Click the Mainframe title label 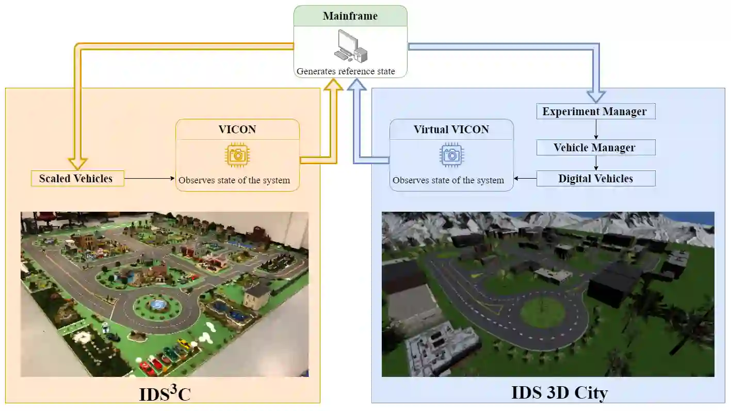(350, 15)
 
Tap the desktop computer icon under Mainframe (350, 46)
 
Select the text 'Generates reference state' (346, 71)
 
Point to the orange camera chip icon (238, 155)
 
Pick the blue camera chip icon (451, 155)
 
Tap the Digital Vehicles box (596, 179)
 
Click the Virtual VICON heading (451, 130)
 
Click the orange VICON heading (237, 129)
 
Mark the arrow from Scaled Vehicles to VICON (150, 179)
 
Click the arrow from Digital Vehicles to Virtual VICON (525, 179)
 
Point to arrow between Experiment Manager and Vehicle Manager (596, 130)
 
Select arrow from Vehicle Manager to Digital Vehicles (596, 163)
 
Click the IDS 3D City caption (560, 393)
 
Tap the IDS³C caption (165, 394)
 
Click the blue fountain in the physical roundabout (157, 305)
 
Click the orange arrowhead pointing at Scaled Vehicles (78, 163)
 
